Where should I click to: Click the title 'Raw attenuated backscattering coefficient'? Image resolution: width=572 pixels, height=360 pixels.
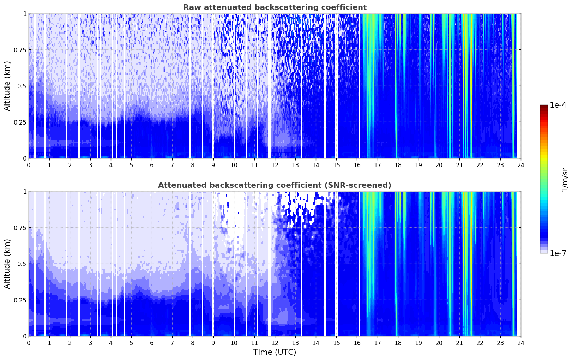(275, 7)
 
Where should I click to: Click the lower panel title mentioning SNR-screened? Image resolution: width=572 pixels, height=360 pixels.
(275, 185)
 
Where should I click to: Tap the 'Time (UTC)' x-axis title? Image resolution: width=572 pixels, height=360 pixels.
(275, 352)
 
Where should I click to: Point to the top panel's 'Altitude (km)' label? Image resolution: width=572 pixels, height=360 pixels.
(7, 86)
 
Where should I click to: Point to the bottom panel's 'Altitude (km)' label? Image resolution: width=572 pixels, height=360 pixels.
(7, 264)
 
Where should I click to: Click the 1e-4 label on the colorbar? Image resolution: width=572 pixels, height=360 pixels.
(558, 105)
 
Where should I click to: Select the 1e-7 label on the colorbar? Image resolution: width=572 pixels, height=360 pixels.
(558, 253)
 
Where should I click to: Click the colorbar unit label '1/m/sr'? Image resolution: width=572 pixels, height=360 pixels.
(565, 180)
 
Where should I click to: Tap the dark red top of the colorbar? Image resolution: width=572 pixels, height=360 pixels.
(544, 107)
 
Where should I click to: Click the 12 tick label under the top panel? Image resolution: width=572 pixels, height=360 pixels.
(275, 165)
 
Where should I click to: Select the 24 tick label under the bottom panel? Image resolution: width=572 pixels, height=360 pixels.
(521, 343)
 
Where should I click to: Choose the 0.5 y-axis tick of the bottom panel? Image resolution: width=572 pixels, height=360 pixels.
(22, 264)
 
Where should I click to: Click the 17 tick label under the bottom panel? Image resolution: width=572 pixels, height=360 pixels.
(378, 343)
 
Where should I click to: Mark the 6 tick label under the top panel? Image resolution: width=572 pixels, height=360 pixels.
(152, 165)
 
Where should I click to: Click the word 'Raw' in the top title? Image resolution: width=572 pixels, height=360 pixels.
(192, 7)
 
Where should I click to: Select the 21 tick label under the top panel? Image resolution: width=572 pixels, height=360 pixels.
(459, 165)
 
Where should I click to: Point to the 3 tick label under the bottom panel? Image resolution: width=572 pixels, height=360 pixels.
(90, 343)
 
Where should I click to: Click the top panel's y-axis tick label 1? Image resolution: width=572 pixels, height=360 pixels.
(25, 13)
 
